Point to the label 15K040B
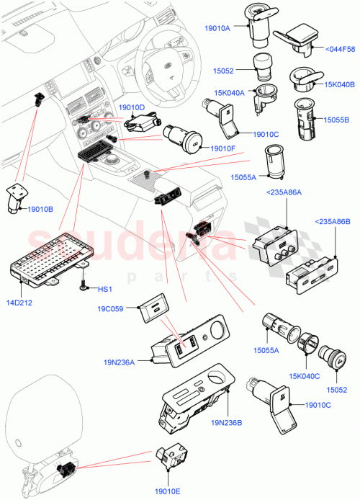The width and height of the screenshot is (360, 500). [340, 84]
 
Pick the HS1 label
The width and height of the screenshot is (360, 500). [105, 290]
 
